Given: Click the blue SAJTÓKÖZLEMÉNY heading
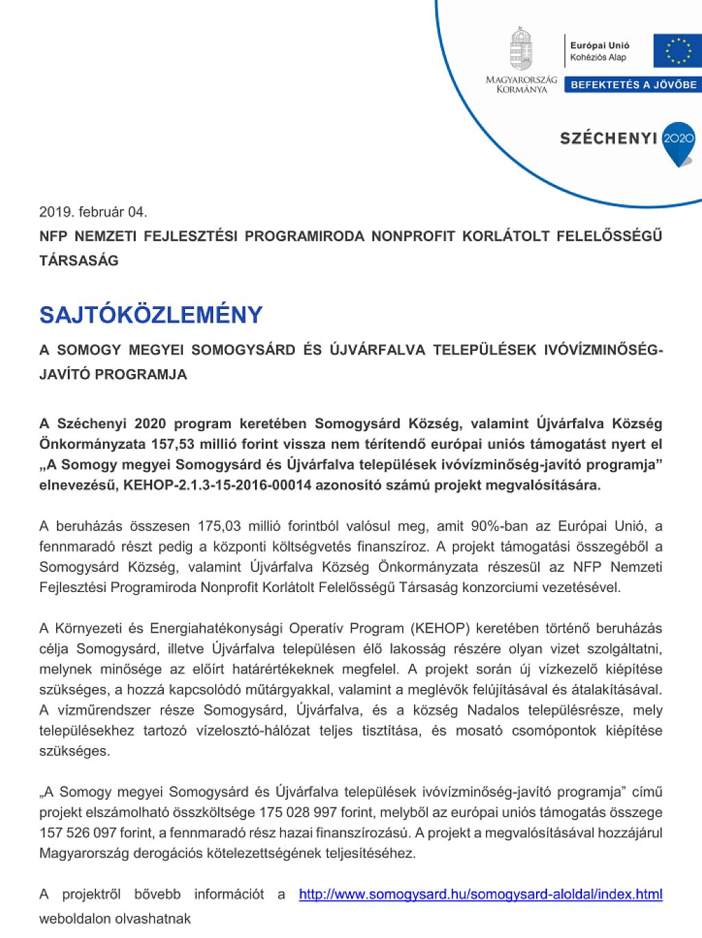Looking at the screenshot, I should point(151,314).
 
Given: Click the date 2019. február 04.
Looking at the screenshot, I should point(93,212).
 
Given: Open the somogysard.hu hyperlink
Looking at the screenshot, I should point(481,894).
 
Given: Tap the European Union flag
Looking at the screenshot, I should point(677,51).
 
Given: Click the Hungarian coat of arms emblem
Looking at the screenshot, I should point(521,48).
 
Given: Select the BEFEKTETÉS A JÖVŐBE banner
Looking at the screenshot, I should point(633,85).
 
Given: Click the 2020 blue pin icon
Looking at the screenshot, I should point(679,142).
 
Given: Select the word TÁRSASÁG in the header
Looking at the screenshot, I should point(79,260).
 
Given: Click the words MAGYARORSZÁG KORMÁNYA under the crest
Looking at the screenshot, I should point(521,84).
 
